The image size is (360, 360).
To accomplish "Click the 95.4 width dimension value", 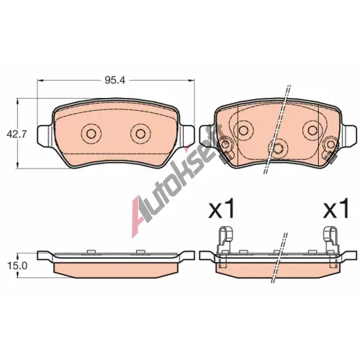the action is [x=114, y=80].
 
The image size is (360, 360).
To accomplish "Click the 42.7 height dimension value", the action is [x=17, y=134].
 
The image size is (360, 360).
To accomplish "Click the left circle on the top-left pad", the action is [x=91, y=133].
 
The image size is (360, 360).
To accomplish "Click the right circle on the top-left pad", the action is [x=140, y=133].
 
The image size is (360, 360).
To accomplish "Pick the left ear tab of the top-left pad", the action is [x=45, y=135].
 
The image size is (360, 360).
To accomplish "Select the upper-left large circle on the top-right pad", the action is [x=243, y=130].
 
